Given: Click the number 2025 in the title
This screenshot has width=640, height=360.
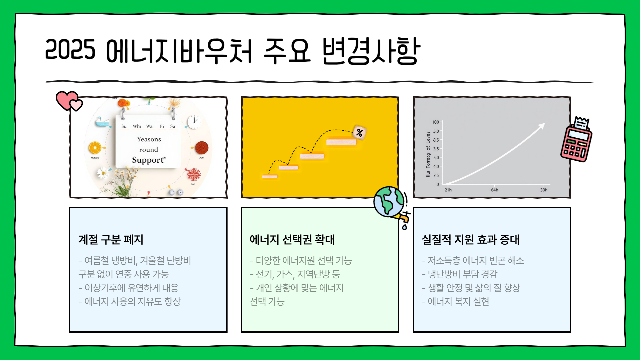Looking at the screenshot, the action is pyautogui.click(x=70, y=50).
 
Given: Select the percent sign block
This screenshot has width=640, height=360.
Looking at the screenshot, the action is pyautogui.click(x=359, y=133).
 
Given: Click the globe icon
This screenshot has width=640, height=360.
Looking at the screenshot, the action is pyautogui.click(x=389, y=202).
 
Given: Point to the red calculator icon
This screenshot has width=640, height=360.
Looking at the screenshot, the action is pyautogui.click(x=576, y=140).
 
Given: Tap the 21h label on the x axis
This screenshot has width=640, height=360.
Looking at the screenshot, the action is pyautogui.click(x=448, y=190).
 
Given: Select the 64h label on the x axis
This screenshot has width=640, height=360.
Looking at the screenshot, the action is pyautogui.click(x=495, y=190).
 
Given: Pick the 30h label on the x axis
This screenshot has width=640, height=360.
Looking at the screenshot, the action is pyautogui.click(x=544, y=190).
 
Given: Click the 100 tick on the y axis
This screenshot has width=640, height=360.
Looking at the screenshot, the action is pyautogui.click(x=435, y=122).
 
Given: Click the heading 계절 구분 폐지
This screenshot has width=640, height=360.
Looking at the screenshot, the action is pyautogui.click(x=111, y=239).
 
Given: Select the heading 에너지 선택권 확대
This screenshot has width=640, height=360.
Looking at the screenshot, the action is pyautogui.click(x=292, y=239).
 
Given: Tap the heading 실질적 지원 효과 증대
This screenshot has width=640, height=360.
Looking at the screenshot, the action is pyautogui.click(x=470, y=239).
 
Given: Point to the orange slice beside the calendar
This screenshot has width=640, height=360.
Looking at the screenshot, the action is pyautogui.click(x=95, y=148).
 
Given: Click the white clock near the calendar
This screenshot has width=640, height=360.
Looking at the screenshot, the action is pyautogui.click(x=194, y=122).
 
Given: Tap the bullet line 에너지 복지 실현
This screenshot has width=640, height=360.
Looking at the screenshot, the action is pyautogui.click(x=455, y=301).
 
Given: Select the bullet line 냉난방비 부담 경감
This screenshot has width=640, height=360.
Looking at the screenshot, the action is pyautogui.click(x=459, y=274).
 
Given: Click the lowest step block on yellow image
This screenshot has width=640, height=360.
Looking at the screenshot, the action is pyautogui.click(x=270, y=177).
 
